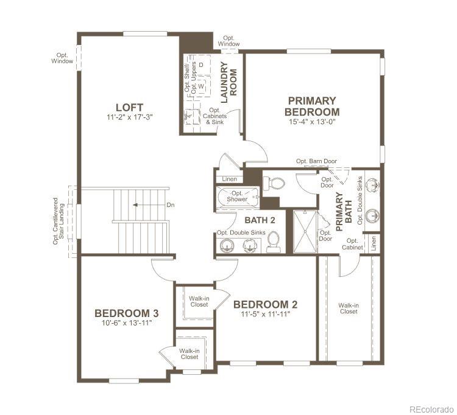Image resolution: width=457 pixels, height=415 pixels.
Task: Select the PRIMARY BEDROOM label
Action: click(x=312, y=106)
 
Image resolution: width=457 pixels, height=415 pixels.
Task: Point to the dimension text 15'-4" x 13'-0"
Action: click(x=312, y=121)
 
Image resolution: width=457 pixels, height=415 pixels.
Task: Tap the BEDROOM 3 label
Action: click(x=127, y=313)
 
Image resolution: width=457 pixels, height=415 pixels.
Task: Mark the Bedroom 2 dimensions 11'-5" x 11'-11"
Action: click(x=265, y=314)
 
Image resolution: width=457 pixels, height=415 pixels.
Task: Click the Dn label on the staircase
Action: click(x=171, y=205)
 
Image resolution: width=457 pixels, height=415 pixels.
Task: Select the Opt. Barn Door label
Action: click(x=316, y=161)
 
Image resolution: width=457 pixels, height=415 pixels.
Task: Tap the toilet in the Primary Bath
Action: click(x=276, y=182)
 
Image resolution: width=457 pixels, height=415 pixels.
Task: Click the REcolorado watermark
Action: click(x=431, y=408)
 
